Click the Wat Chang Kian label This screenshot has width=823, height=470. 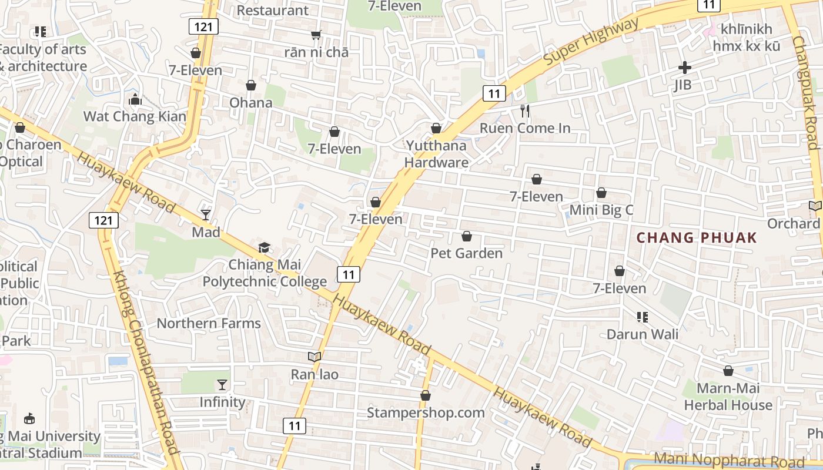(135, 116)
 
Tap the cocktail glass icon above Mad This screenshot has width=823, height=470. (206, 215)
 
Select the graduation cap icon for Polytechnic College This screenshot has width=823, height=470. (265, 248)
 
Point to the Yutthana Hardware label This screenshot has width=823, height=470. (436, 154)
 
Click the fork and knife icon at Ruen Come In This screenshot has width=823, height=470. (525, 110)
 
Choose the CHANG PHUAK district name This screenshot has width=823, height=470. (697, 238)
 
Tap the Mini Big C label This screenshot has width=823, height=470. (601, 210)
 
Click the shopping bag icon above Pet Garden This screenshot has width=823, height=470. (467, 236)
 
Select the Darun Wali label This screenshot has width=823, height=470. (643, 334)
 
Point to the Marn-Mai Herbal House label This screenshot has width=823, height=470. (728, 397)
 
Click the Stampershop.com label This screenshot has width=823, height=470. (426, 412)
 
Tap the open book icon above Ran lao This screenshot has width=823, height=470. (315, 357)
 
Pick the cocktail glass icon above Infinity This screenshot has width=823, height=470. (222, 385)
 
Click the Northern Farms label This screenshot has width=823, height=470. (209, 323)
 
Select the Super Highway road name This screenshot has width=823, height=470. (590, 42)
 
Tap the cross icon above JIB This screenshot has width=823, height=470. (684, 68)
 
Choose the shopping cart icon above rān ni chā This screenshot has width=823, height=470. (316, 35)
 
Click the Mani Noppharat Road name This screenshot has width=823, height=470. (728, 459)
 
